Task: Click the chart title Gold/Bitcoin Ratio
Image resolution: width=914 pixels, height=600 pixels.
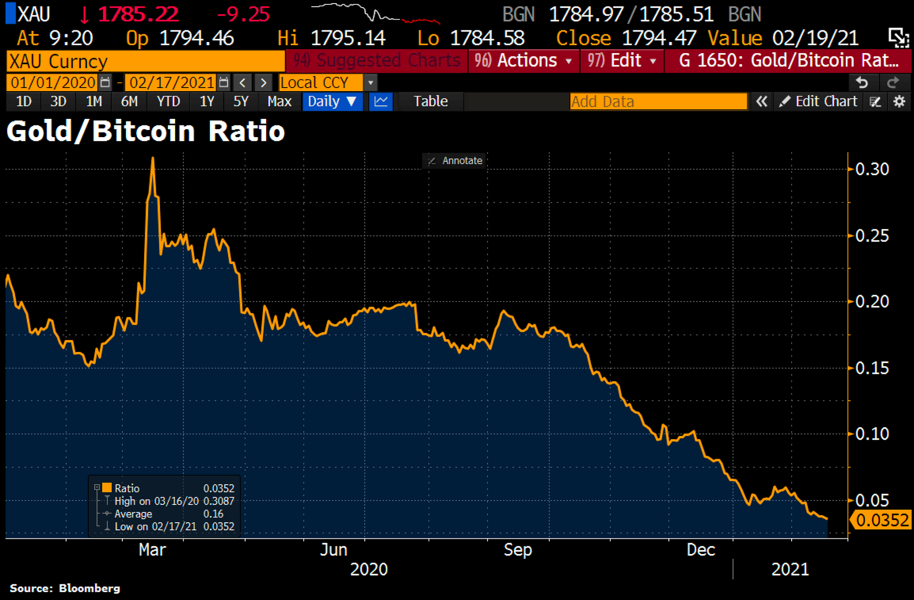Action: coord(146,131)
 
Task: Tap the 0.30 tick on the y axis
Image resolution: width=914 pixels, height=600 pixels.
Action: coord(872,169)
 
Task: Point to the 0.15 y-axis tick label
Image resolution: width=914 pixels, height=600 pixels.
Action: coord(872,368)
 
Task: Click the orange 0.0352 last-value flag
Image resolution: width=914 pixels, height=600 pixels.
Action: coord(882,520)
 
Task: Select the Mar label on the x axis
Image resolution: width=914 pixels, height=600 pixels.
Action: coord(152,550)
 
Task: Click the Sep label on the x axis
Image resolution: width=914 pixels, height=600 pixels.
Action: coord(518,550)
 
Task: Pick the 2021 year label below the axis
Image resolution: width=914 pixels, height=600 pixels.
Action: coord(790,570)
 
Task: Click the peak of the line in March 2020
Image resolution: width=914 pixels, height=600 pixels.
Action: coord(153,158)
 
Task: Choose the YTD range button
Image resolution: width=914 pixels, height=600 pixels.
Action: coord(168,101)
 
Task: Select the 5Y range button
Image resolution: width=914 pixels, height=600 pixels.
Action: coord(241,101)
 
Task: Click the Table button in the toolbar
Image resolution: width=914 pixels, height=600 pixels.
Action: coord(430,101)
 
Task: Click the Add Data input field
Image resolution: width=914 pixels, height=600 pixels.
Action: coord(658,101)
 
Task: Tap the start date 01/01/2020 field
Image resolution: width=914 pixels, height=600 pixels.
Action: coord(53,83)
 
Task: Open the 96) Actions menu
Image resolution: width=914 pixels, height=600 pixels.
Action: coord(523,61)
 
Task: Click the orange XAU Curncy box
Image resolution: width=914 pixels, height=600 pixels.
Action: coord(146,61)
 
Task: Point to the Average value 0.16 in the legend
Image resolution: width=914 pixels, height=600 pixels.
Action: coord(213,514)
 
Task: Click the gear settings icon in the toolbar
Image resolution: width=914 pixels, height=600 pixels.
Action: coord(899,101)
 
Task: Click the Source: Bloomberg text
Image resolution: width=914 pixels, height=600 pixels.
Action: coord(65,588)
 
